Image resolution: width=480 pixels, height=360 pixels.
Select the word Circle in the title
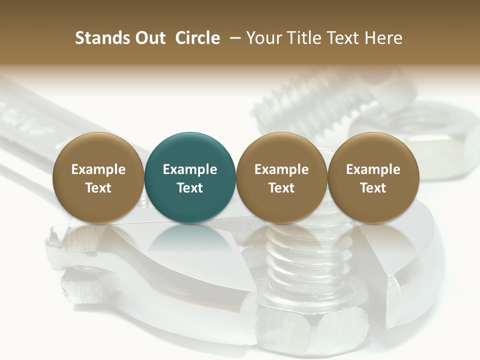197,38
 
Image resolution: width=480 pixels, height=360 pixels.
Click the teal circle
190,177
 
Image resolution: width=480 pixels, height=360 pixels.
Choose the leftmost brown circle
98,177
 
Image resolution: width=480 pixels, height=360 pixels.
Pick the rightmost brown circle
373,177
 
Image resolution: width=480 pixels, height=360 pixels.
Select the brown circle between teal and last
281,177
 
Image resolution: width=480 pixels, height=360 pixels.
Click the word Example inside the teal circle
190,169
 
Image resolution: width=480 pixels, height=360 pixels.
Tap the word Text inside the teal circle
190,188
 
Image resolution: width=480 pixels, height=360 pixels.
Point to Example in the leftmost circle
98,169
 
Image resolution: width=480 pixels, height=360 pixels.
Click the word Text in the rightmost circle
373,188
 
